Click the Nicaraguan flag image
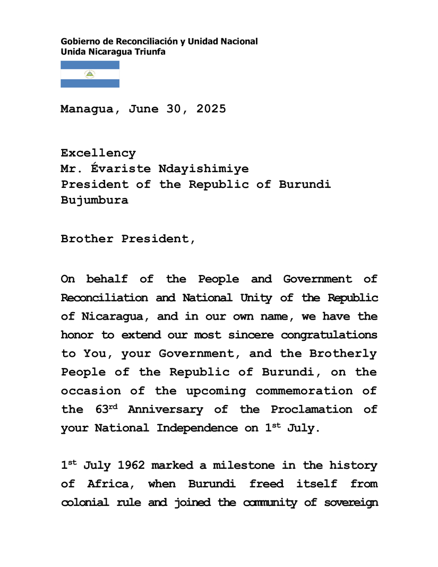(90, 74)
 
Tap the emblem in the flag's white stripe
(90, 74)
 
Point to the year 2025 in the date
(211, 109)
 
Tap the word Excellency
(98, 153)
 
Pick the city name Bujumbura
(95, 201)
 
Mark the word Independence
(197, 428)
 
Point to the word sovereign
(351, 502)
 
